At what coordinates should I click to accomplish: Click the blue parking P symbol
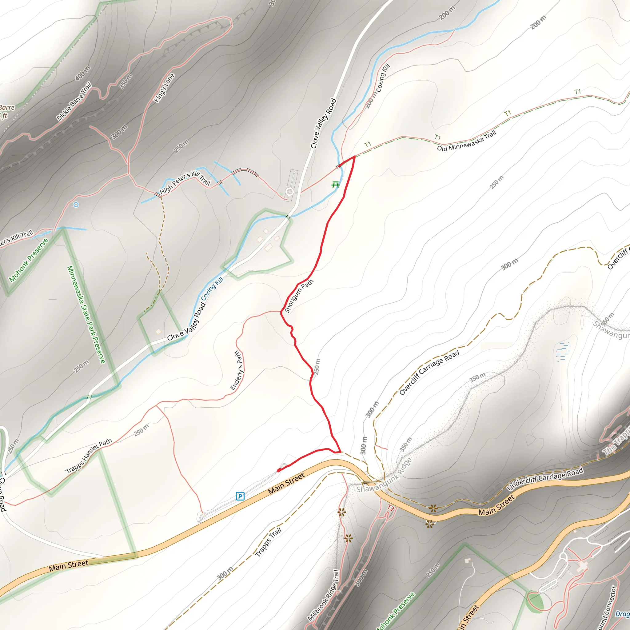(240, 496)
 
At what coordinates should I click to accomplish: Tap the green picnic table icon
(336, 185)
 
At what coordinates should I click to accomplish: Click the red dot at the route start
(279, 470)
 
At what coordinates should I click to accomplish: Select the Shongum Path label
(299, 296)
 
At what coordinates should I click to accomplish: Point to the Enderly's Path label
(237, 371)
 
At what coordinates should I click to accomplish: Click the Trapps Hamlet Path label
(89, 456)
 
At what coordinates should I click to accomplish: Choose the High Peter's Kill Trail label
(185, 183)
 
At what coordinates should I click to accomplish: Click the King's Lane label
(164, 88)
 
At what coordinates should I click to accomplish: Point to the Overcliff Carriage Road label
(429, 373)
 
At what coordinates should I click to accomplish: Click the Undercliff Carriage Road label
(545, 479)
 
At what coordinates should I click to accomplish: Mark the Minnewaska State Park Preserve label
(86, 314)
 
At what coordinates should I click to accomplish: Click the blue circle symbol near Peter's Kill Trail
(76, 205)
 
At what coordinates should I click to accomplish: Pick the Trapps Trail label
(268, 542)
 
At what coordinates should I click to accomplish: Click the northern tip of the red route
(354, 157)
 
